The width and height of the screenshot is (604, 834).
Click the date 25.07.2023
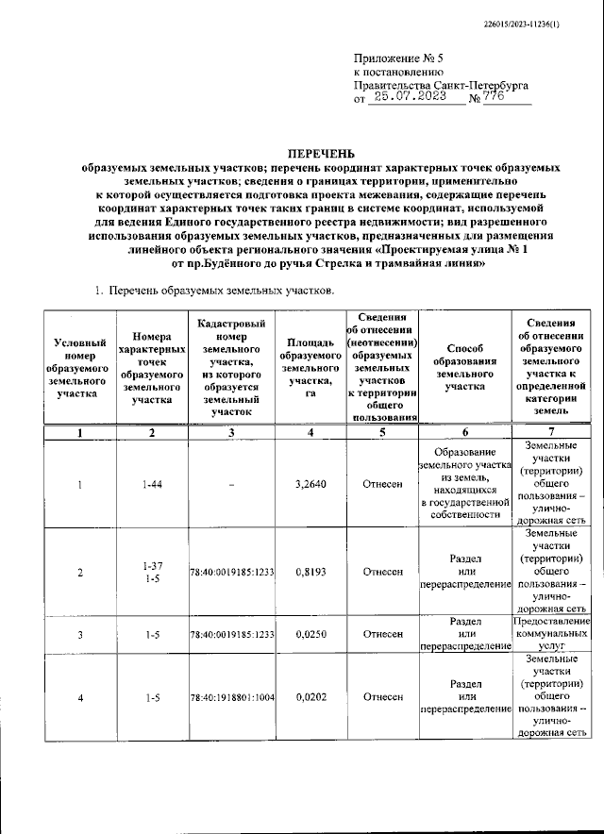412,97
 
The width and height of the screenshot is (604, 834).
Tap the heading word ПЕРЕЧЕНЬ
320,151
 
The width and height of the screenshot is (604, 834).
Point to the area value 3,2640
310,484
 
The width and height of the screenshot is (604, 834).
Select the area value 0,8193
310,572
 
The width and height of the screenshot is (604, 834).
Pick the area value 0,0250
310,635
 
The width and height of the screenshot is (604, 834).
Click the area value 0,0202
310,698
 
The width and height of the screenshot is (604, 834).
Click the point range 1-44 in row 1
152,484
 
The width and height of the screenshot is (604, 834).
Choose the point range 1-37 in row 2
152,565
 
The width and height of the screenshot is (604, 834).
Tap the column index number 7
552,433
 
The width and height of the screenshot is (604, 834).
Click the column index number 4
310,433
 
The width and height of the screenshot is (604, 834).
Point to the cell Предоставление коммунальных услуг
552,635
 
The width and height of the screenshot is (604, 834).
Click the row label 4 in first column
80,698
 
